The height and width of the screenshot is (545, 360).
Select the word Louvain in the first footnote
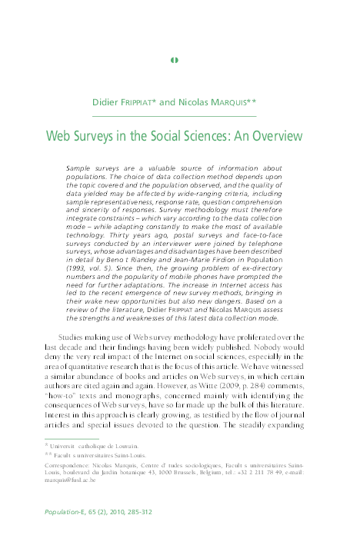pyautogui.click(x=125, y=446)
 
